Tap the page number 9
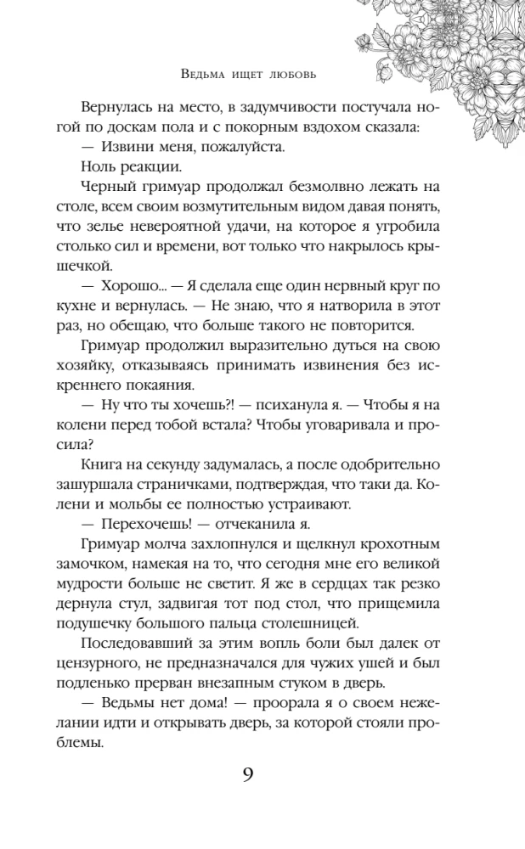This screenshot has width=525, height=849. (x=248, y=774)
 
